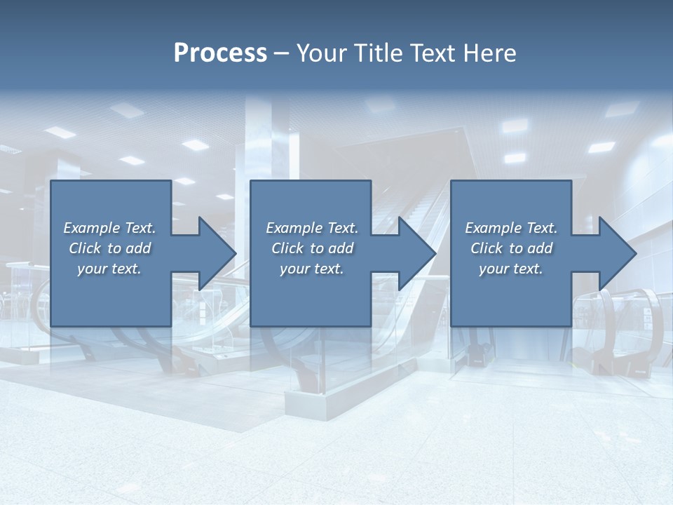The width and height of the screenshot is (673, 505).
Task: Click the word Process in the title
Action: pyautogui.click(x=220, y=53)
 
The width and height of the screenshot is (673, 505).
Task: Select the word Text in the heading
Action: pyautogui.click(x=435, y=53)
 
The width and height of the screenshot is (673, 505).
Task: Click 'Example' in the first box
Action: pyautogui.click(x=91, y=228)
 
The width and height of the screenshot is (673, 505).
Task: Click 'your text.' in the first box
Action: pyautogui.click(x=109, y=269)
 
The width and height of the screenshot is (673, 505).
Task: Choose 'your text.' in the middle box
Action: pyautogui.click(x=312, y=269)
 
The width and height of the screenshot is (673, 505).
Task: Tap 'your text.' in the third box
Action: pyautogui.click(x=511, y=269)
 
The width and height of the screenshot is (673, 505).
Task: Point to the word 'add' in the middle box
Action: pyautogui.click(x=341, y=248)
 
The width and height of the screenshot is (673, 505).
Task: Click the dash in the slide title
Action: pyautogui.click(x=282, y=53)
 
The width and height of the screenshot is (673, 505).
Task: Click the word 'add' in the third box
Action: pyautogui.click(x=540, y=248)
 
